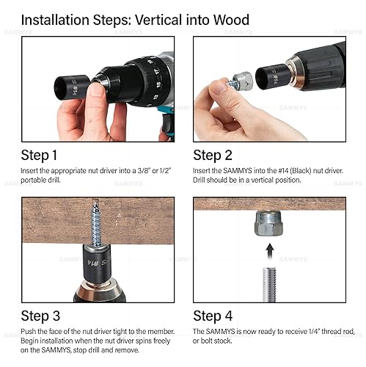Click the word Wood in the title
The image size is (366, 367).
231,20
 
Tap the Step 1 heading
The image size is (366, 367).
39,156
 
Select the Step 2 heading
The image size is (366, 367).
213,156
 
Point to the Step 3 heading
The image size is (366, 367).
40,316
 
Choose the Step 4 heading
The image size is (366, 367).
213,316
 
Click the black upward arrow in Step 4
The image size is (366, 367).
270,251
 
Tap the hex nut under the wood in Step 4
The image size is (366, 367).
268,223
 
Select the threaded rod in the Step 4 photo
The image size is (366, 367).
269,285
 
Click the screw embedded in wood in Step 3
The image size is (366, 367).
96,224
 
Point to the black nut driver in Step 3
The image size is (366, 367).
96,264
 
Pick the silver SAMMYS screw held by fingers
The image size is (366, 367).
239,80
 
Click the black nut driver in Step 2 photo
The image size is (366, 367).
271,76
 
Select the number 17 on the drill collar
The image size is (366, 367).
156,71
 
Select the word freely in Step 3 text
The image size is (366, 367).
161,341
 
